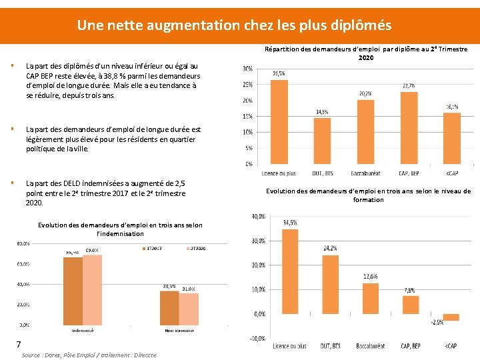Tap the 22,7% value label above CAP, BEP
409,86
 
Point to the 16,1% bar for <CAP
451,138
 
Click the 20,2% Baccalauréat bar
365,131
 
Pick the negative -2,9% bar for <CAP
451,317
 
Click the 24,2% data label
330,249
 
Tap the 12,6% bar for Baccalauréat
371,299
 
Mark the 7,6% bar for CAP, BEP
411,305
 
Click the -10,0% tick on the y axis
257,339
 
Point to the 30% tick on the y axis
247,69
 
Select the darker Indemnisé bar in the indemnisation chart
73,291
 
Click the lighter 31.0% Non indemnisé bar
189,309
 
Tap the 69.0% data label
92,250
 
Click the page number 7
20,344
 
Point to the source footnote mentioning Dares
89,355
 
